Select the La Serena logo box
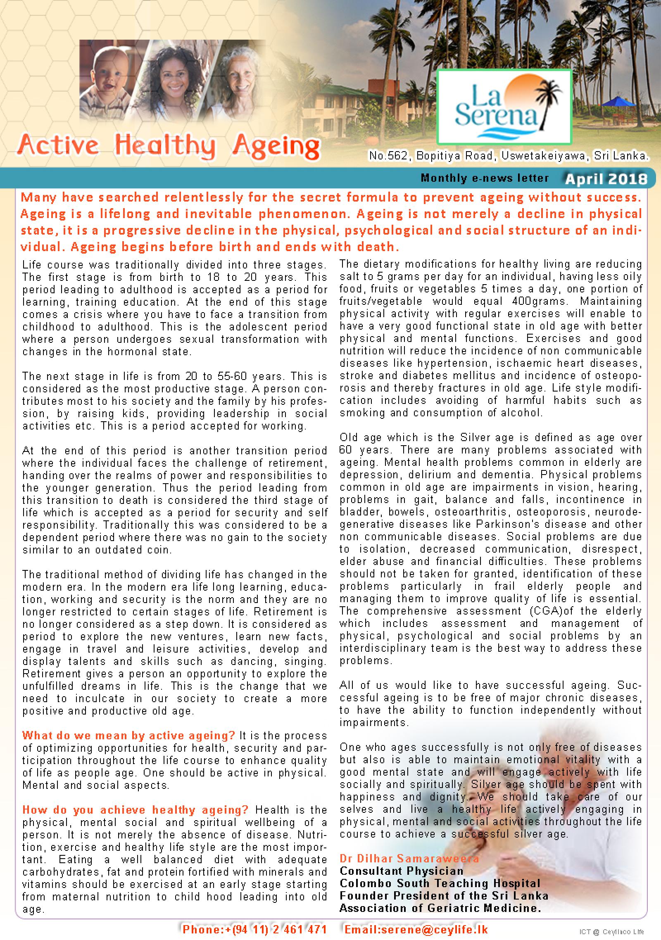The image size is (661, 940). click(x=504, y=107)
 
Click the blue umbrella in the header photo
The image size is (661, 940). click(x=617, y=101)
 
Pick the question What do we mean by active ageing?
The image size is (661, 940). click(x=128, y=735)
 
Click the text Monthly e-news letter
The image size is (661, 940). click(x=485, y=178)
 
